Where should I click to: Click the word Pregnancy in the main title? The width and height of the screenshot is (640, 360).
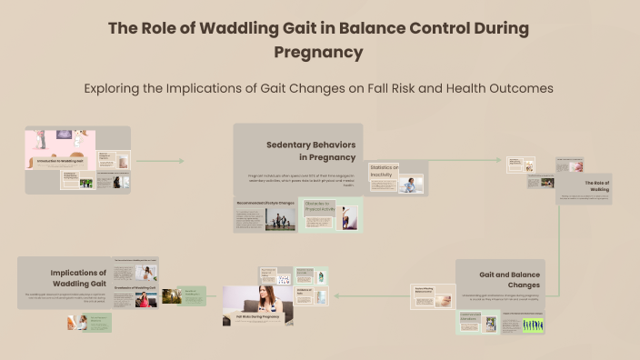318,52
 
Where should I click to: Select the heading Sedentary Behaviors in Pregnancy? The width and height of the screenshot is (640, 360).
310,151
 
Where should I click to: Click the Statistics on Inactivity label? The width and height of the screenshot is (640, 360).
384,170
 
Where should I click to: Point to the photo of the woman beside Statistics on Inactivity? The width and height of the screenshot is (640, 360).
410,184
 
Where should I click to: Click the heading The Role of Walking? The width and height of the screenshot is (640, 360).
596,186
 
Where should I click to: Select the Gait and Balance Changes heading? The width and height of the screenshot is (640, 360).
510,278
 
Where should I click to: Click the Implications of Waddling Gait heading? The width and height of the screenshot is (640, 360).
78,277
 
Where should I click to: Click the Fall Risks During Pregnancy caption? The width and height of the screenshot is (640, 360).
257,315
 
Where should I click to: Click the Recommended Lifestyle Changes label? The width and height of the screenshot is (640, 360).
265,203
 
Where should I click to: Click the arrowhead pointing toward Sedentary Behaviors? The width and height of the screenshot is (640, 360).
182,162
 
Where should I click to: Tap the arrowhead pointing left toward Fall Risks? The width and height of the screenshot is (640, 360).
336,295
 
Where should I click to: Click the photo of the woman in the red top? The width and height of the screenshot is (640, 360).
145,299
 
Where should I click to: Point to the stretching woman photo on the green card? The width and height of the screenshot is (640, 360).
349,218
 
